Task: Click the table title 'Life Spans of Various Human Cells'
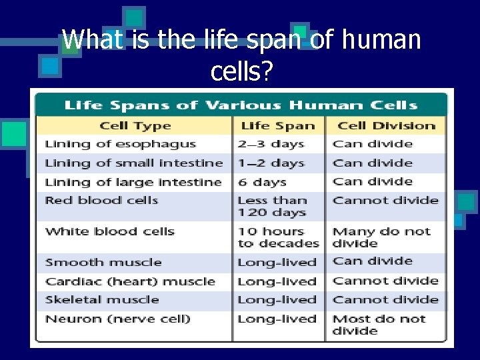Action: (240, 105)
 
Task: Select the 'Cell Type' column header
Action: (135, 126)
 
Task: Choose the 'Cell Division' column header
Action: (386, 126)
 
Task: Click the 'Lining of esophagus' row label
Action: (120, 144)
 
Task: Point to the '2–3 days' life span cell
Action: (270, 144)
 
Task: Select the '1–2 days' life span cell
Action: (270, 163)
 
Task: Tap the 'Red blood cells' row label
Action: (101, 200)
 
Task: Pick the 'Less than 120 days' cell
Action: (272, 207)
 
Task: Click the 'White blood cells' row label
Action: (109, 231)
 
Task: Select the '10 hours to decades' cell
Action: (278, 237)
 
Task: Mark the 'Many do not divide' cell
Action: (381, 237)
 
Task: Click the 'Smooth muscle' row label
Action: (103, 262)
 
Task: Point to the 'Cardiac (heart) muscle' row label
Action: (130, 281)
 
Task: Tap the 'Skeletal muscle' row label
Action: (102, 300)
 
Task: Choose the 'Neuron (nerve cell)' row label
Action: (117, 319)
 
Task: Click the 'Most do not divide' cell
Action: (379, 325)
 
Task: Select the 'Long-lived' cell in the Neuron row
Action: (277, 319)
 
